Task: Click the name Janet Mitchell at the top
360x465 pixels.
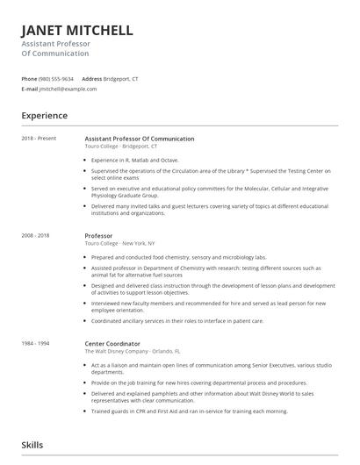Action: (x=77, y=30)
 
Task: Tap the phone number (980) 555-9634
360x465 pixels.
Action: (x=57, y=78)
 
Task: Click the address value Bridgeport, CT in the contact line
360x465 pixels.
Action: (x=120, y=78)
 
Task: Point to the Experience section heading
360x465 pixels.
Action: (x=45, y=115)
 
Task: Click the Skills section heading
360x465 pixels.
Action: (x=33, y=446)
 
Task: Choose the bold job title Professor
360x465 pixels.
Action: (x=98, y=236)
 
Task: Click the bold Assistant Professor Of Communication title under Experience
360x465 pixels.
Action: (x=139, y=139)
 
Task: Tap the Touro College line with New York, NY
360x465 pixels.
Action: (x=119, y=244)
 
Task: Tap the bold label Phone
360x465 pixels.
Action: (x=29, y=78)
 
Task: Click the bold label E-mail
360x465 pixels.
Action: (x=30, y=89)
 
